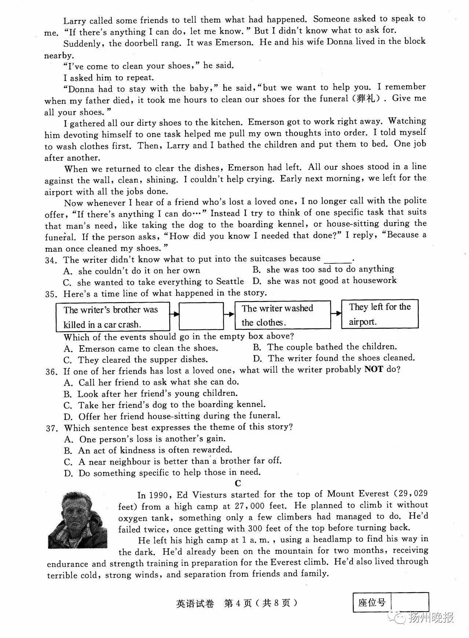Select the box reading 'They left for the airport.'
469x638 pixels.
380,314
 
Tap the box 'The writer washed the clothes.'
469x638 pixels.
282,315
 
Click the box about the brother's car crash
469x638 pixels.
113,317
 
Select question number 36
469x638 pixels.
52,372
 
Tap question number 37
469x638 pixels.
52,428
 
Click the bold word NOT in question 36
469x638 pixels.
373,369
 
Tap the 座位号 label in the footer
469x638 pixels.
372,602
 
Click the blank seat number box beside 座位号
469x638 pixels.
410,602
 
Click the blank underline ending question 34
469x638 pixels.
337,260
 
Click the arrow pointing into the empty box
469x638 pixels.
175,314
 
